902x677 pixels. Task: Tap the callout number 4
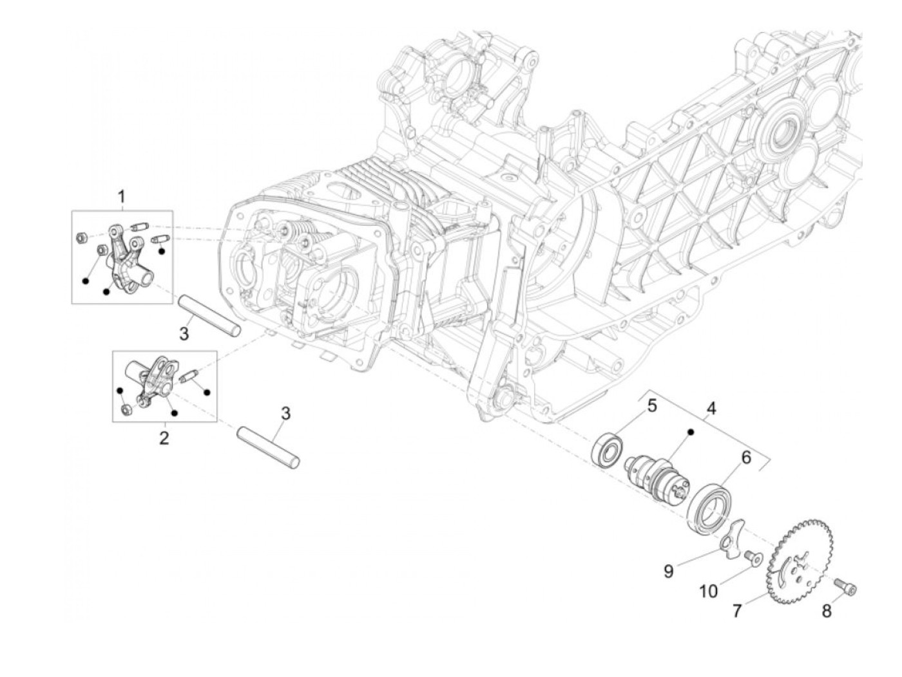pyautogui.click(x=711, y=408)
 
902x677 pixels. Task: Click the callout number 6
pyautogui.click(x=746, y=458)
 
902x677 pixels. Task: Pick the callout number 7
pyautogui.click(x=737, y=610)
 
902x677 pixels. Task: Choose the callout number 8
pyautogui.click(x=827, y=611)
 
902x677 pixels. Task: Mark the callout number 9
pyautogui.click(x=669, y=570)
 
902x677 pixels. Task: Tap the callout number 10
pyautogui.click(x=709, y=591)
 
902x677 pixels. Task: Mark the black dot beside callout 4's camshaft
pyautogui.click(x=689, y=432)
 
